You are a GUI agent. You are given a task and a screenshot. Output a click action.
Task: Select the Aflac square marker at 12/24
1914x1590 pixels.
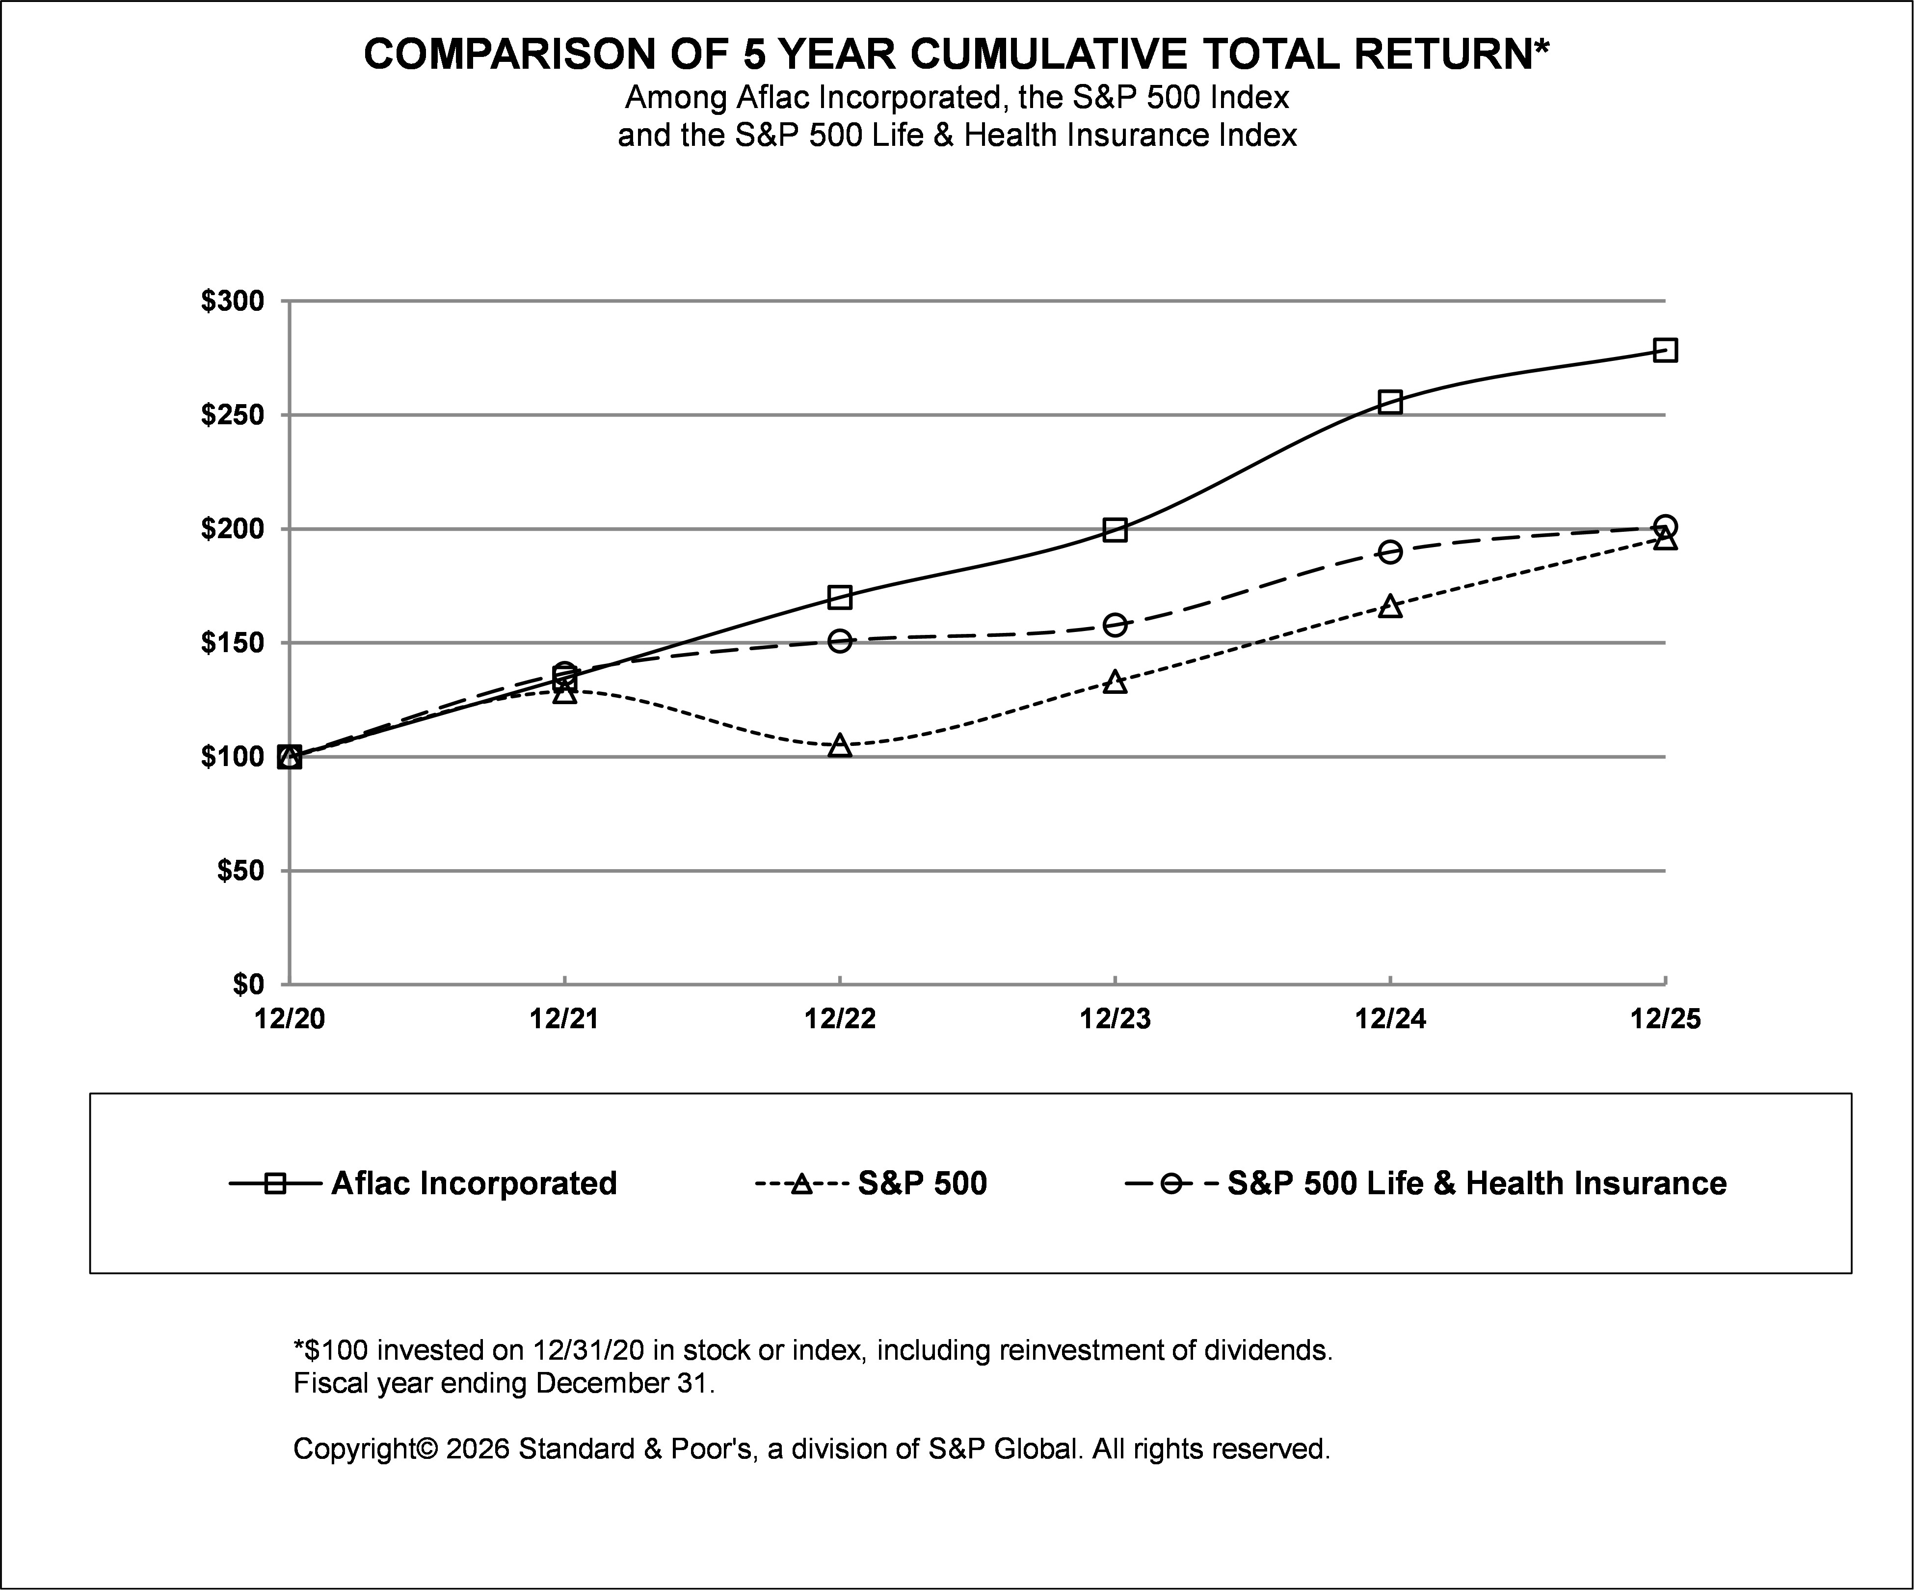click(1390, 402)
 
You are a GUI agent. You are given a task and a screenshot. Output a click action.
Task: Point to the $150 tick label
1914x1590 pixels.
click(233, 643)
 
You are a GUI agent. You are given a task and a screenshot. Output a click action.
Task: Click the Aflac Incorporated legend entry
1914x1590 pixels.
click(473, 1183)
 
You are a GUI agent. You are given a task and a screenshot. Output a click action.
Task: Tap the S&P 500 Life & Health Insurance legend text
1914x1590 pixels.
click(1477, 1183)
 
